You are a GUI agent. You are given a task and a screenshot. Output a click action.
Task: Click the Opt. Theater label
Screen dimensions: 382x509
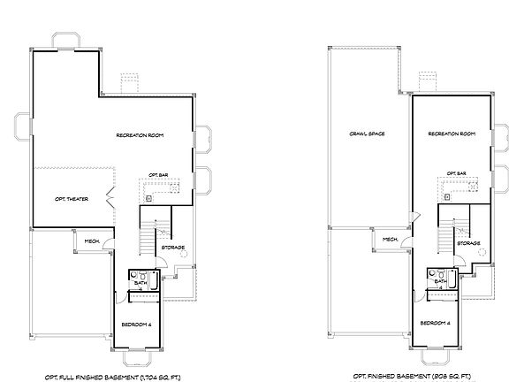[71, 199]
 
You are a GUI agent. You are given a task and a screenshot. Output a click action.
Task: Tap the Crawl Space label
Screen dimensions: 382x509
[360, 134]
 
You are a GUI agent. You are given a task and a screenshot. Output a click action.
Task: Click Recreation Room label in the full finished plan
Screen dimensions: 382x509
[141, 134]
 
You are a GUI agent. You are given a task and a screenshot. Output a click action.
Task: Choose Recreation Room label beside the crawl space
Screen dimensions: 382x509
[452, 134]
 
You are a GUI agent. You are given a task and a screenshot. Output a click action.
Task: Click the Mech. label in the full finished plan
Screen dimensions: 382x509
[91, 240]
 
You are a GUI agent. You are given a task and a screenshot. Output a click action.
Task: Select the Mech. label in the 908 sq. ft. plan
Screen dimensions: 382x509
[390, 240]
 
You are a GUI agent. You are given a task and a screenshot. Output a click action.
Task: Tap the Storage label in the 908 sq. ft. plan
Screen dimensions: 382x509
[468, 243]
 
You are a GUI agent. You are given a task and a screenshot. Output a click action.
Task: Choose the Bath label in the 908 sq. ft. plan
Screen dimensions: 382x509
[439, 281]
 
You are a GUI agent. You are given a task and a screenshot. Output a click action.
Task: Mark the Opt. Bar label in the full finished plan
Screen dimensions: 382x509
[159, 174]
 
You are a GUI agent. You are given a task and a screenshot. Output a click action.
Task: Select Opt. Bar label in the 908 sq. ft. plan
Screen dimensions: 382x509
[457, 174]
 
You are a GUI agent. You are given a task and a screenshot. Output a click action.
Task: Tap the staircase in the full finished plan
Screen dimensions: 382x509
[148, 234]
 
